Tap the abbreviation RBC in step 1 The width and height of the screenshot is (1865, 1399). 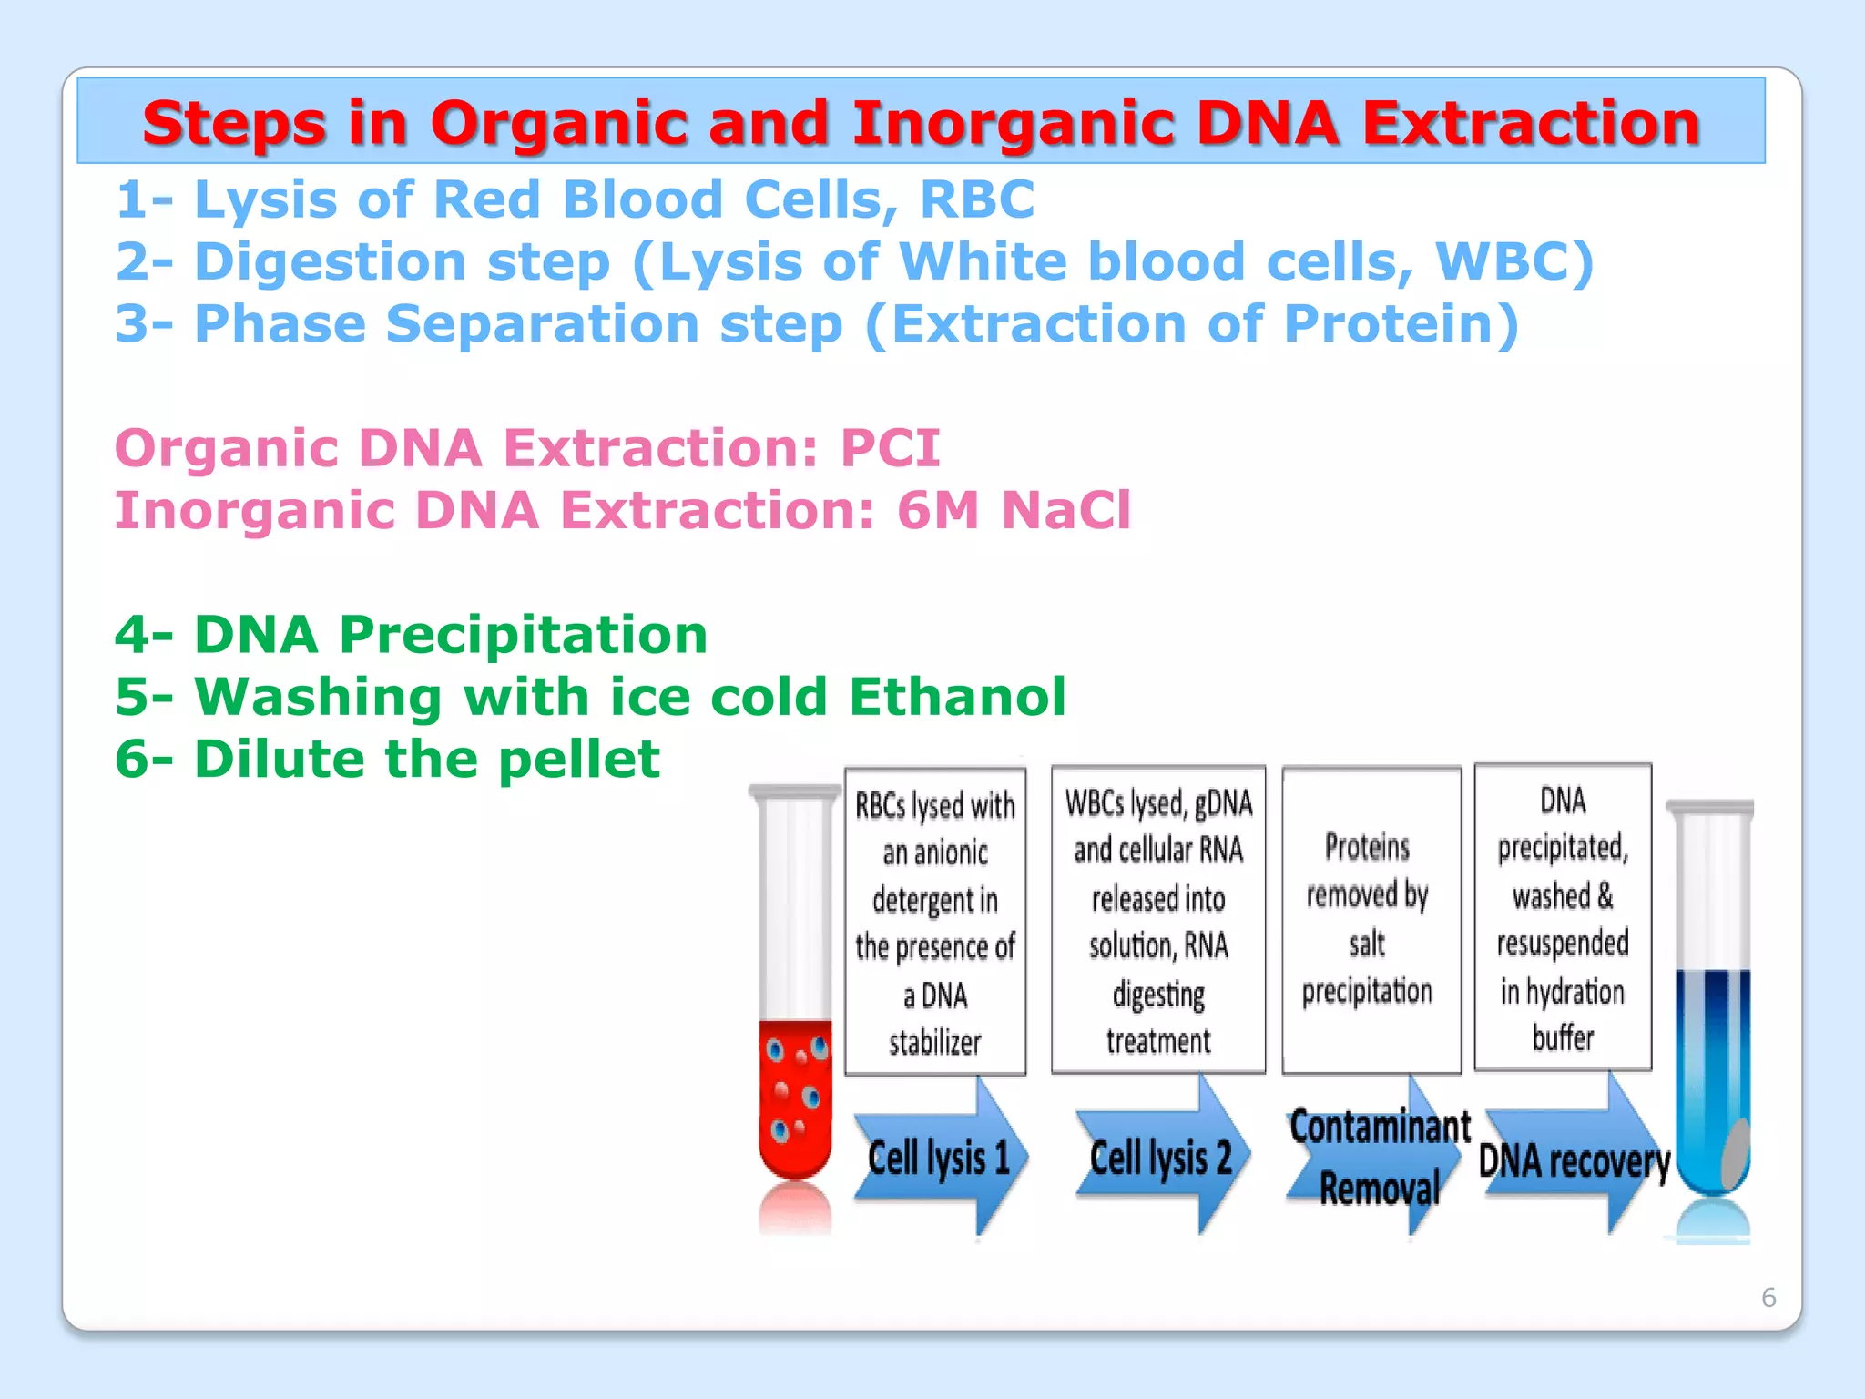click(977, 199)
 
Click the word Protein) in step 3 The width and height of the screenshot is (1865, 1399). click(1401, 324)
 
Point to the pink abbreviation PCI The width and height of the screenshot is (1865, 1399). click(890, 448)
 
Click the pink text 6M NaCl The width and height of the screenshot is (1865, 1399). click(1014, 510)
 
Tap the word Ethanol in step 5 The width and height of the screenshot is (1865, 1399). click(957, 697)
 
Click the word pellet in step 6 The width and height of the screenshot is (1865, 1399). click(579, 759)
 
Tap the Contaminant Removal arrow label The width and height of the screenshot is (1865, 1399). click(1379, 1158)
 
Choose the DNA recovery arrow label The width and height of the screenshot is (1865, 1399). click(1574, 1161)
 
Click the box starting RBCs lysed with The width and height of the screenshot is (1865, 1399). click(935, 922)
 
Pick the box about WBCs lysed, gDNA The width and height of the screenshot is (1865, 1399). click(1158, 920)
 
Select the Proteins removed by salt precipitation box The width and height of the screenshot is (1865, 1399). click(1371, 920)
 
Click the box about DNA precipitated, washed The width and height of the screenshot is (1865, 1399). click(1563, 917)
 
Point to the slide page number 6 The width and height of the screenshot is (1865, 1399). click(1768, 1297)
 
